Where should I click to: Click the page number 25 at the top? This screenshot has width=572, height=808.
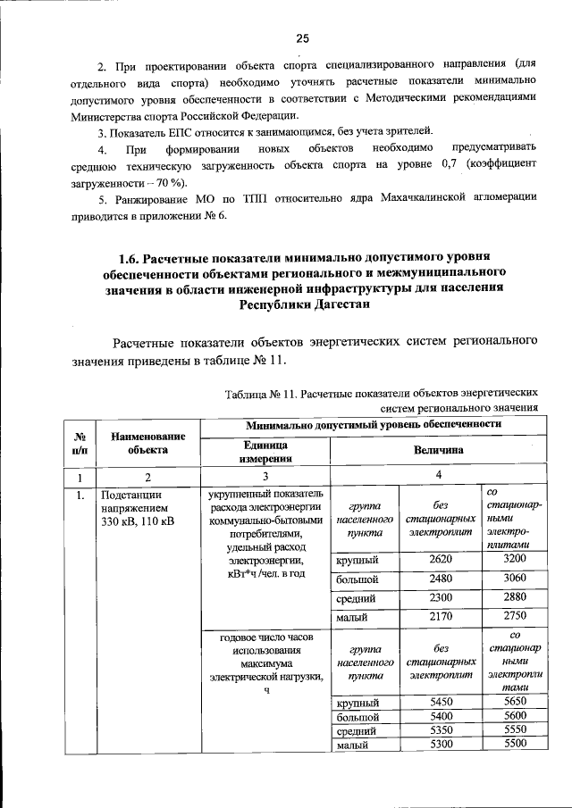(x=302, y=37)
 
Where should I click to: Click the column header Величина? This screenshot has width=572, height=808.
(x=438, y=451)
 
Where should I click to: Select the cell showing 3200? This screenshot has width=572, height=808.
(x=516, y=560)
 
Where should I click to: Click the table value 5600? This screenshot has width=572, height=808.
(x=516, y=716)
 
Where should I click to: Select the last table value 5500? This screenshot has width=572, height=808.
(x=516, y=744)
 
